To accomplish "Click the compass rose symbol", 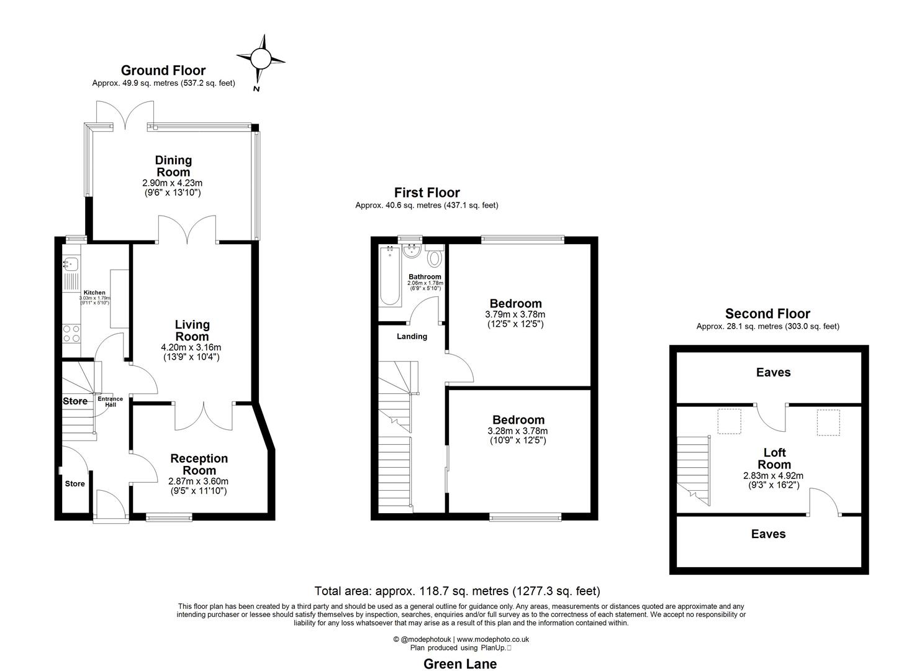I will [261, 60].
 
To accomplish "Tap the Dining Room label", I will [173, 167].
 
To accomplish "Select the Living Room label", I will [192, 331].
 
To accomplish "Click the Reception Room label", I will [199, 465].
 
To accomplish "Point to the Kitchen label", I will [94, 293].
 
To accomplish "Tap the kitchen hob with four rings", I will [71, 334].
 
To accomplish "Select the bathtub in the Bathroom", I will [390, 276].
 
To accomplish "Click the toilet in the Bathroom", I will [435, 257].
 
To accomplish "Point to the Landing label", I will [412, 337].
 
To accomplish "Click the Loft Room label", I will [774, 459].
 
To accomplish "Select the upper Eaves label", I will [773, 372].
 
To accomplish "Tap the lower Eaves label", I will [768, 534].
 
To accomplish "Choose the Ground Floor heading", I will [163, 70].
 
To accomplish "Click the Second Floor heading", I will [767, 314].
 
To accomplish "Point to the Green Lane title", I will [460, 664].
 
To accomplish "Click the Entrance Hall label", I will [110, 401].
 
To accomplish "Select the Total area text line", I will [457, 591].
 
